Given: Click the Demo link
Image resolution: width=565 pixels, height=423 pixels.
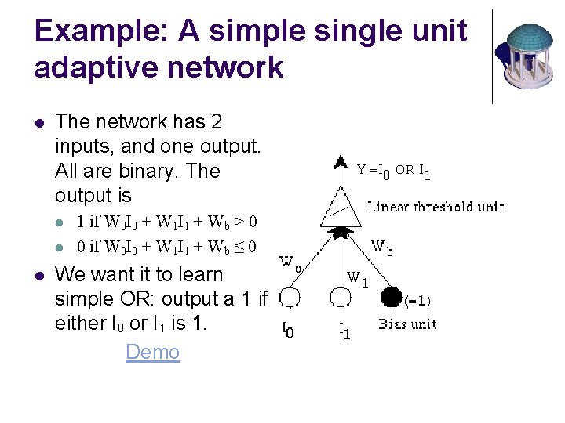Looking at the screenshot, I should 152,352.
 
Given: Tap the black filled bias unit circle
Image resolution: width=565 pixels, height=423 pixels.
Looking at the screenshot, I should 391,298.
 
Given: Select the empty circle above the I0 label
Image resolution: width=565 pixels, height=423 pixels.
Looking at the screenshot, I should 290,298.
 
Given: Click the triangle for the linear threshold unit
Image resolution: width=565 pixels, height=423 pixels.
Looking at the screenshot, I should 341,208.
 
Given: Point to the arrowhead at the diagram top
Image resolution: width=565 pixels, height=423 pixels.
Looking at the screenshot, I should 340,163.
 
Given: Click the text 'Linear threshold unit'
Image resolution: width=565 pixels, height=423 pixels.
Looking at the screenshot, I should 436,207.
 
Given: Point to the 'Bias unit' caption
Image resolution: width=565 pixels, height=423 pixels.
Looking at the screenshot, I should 407,324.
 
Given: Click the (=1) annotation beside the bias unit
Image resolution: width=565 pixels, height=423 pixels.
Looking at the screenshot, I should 417,300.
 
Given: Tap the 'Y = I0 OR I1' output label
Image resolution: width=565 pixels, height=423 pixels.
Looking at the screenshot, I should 393,169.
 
